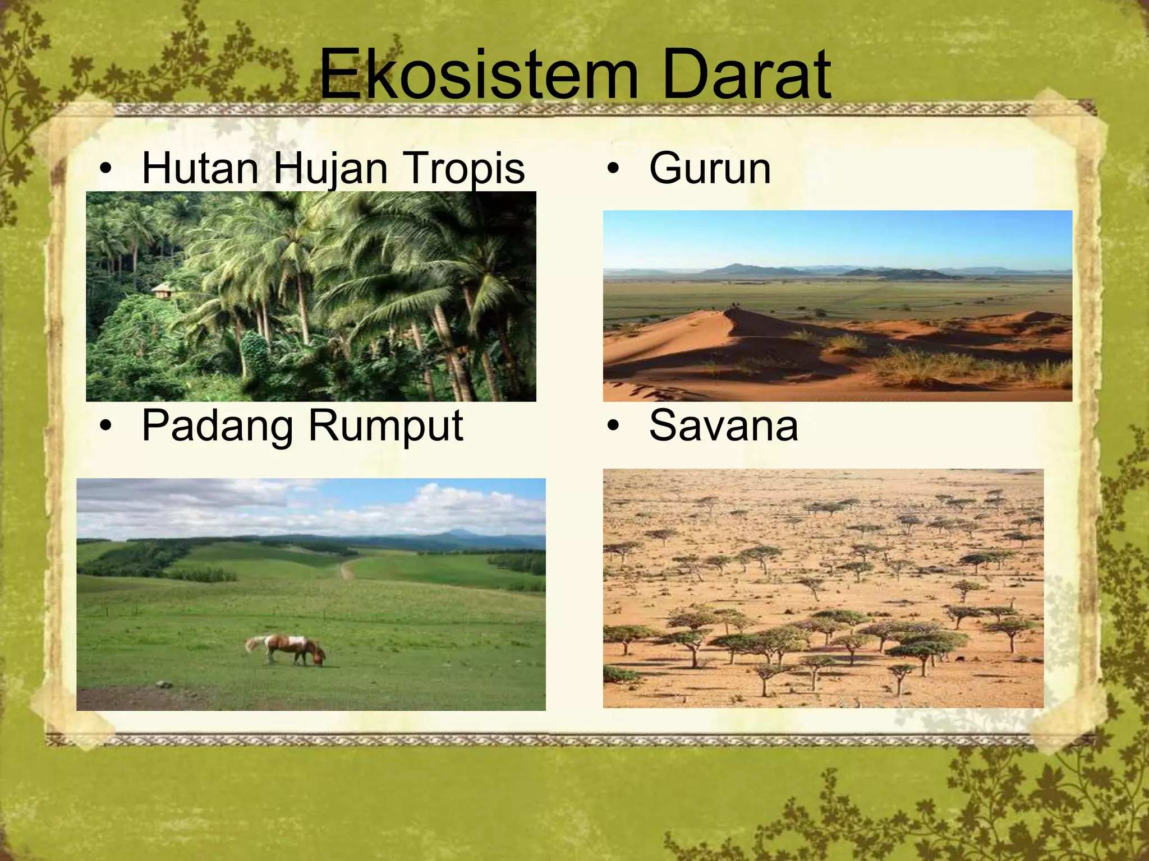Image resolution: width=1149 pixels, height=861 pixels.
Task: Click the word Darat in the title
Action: point(746,75)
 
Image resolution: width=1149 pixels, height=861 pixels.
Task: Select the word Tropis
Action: point(464,168)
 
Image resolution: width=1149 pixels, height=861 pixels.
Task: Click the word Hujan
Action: point(330,168)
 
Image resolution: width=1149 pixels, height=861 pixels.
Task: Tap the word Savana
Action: point(723,425)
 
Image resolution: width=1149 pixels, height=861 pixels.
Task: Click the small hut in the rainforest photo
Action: point(162,289)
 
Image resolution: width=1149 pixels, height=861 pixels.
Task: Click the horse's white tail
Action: point(253,645)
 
